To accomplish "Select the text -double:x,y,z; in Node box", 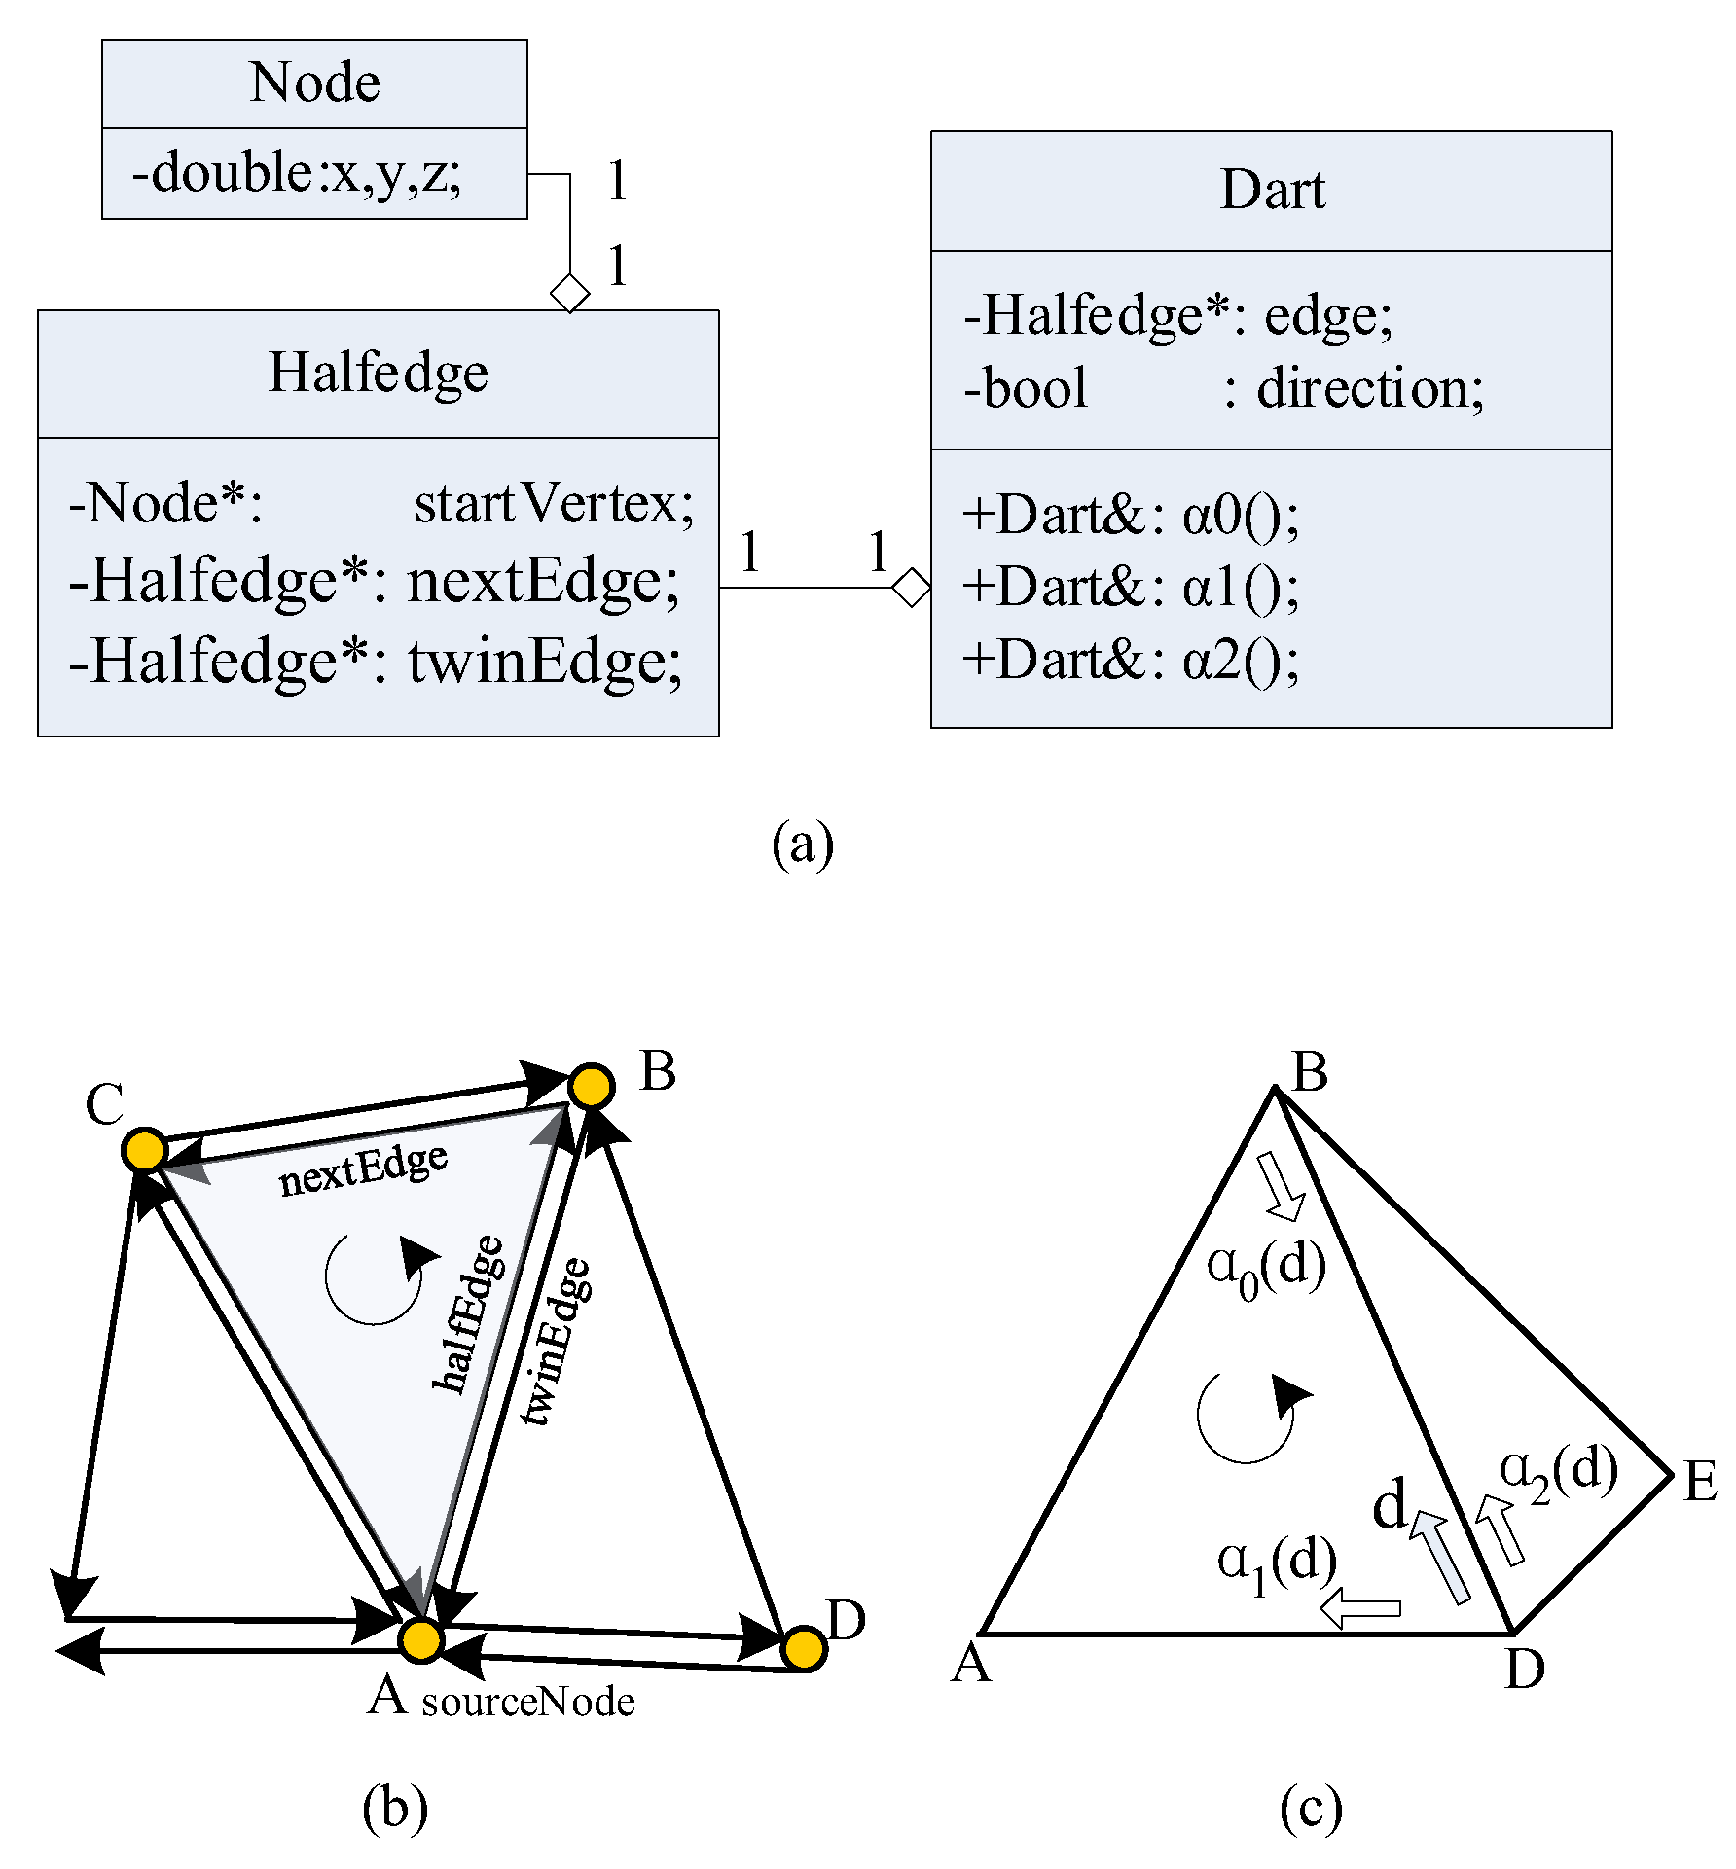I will [297, 173].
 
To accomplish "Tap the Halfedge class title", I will [378, 373].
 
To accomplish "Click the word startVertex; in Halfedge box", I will [554, 504].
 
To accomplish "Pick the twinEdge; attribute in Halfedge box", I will [544, 662].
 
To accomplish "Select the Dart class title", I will [1272, 190].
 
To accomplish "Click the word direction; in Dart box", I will [1370, 389].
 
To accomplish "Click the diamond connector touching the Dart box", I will [912, 587].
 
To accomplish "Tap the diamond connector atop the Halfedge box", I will [570, 293].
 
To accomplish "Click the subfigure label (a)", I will [803, 843].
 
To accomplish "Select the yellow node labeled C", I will [145, 1150].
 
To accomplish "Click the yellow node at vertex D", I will [804, 1649].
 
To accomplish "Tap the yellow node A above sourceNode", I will [421, 1640].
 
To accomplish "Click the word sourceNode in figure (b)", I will [527, 1702].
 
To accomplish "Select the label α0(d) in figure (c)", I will [1266, 1268].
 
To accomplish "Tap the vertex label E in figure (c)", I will [1700, 1483].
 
